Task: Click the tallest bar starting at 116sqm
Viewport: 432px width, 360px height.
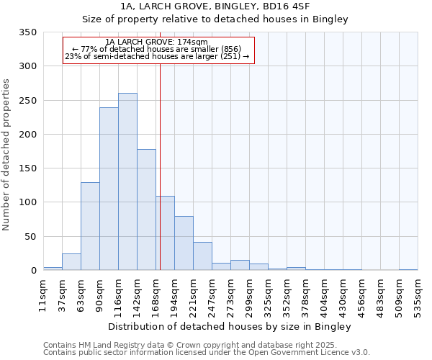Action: [x=127, y=181]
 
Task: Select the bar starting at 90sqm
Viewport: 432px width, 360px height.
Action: [x=109, y=189]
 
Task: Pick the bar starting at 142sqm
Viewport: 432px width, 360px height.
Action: [x=146, y=210]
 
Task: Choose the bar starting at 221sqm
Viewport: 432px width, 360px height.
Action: [x=202, y=256]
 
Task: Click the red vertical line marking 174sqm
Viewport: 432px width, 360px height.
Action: [x=160, y=166]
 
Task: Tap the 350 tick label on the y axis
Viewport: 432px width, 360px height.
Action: [x=27, y=32]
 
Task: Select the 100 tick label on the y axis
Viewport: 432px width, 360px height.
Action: [x=27, y=202]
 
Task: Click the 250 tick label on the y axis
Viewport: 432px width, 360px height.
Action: [x=27, y=101]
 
